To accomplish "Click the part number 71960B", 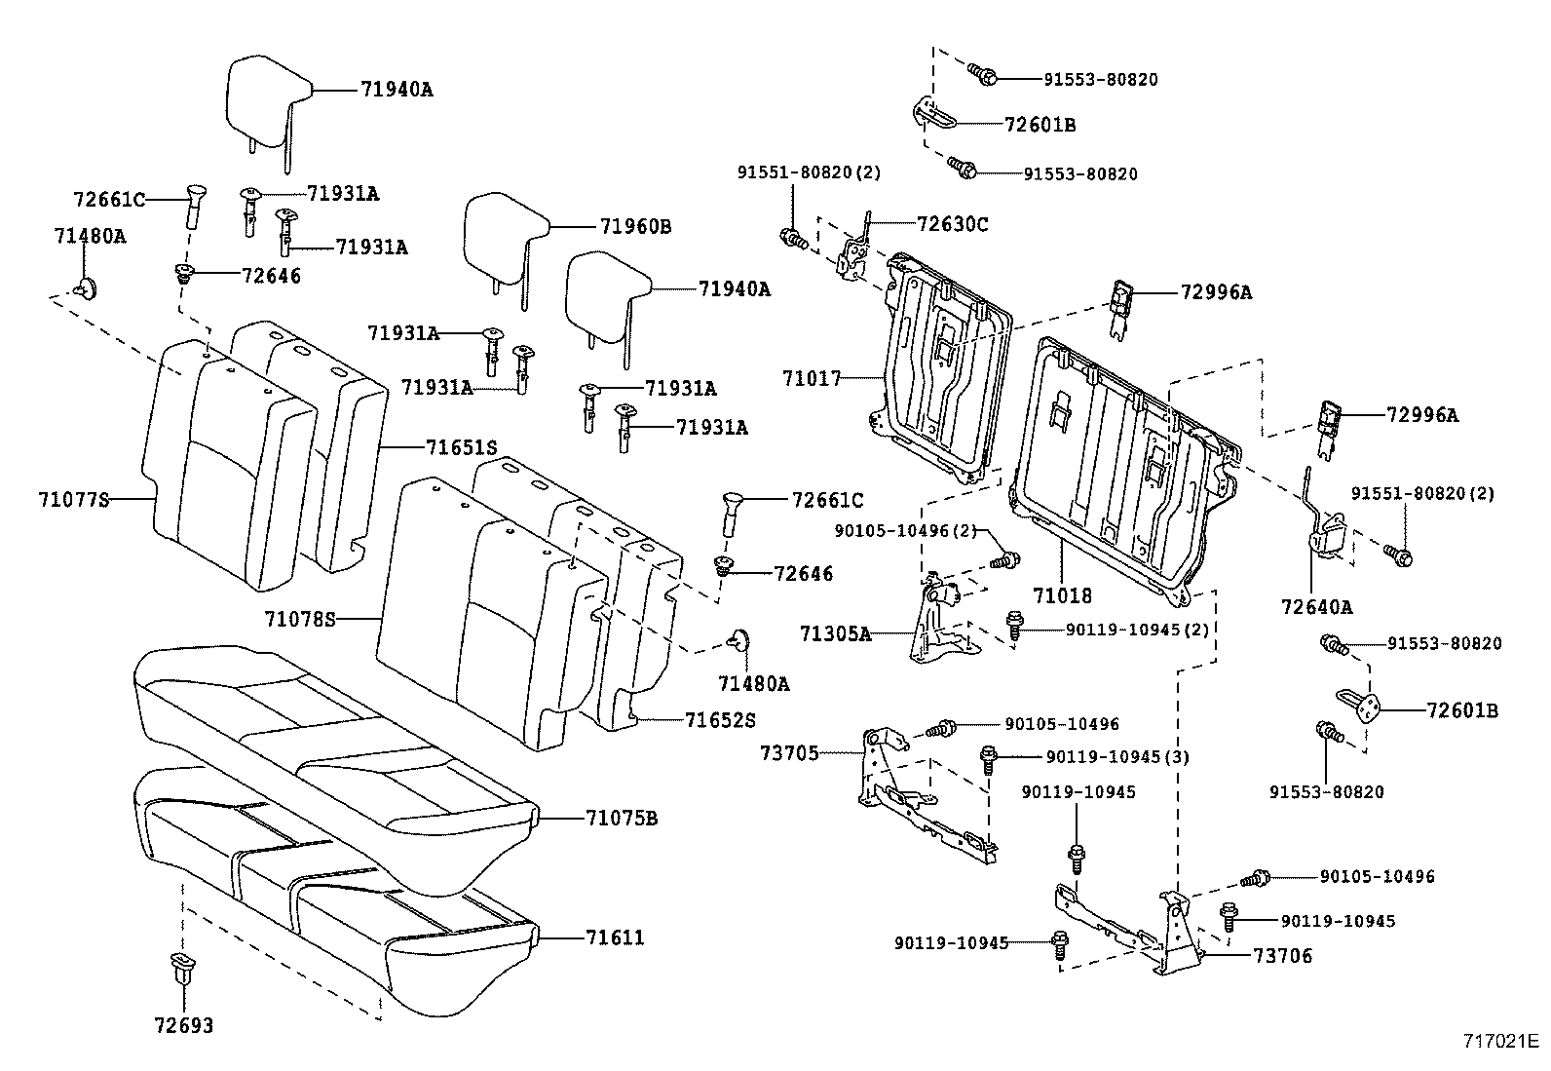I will pos(635,226).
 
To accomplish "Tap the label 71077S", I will pos(73,500).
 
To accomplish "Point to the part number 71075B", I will pos(622,818).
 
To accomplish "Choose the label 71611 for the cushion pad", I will pos(615,937).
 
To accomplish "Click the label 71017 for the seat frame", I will pos(811,377).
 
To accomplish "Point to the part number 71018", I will pos(1062,594).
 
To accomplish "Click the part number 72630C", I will pos(952,224).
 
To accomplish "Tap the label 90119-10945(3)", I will pos(1117,756).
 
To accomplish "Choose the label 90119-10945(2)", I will pos(1137,630).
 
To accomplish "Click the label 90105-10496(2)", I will pos(905,530).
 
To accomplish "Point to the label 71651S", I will pos(462,447).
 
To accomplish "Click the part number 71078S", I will pos(299,618).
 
